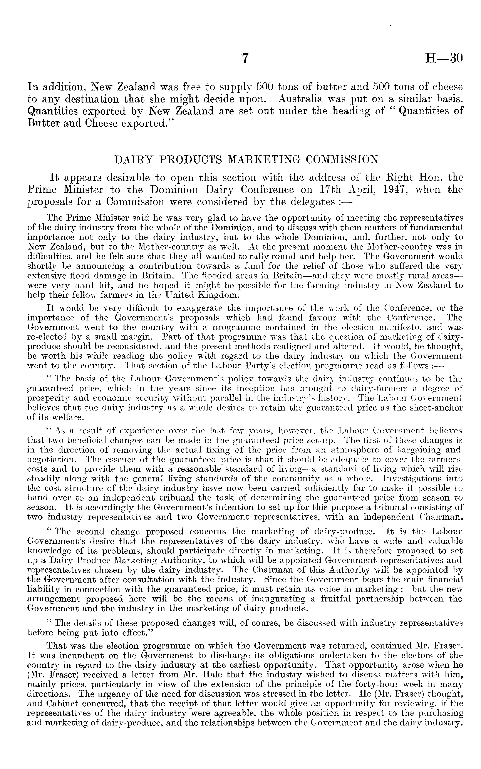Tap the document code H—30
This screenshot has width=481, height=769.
click(x=443, y=59)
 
